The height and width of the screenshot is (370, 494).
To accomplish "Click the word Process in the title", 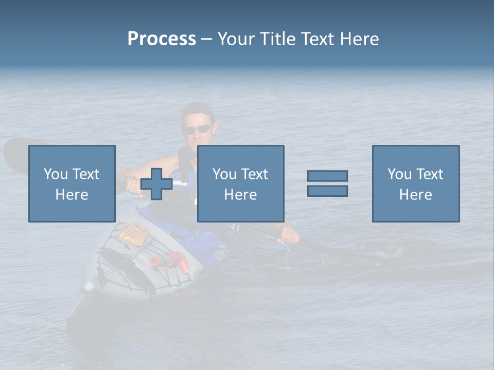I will tap(162, 39).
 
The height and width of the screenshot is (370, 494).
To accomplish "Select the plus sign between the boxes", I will tap(156, 184).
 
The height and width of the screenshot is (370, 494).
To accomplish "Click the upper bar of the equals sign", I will tap(327, 176).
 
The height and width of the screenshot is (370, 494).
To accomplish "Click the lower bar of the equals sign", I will tap(327, 191).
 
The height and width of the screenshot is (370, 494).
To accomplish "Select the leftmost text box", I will tap(72, 183).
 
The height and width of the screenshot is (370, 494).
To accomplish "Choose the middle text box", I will tap(240, 183).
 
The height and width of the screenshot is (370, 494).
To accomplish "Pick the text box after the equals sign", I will tap(415, 183).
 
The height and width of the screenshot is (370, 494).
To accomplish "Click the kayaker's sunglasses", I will tap(198, 129).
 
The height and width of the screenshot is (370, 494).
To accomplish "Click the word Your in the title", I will tap(236, 39).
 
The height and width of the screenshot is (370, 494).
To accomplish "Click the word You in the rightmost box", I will tap(399, 174).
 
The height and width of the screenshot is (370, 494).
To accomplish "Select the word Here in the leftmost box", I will tap(72, 195).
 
